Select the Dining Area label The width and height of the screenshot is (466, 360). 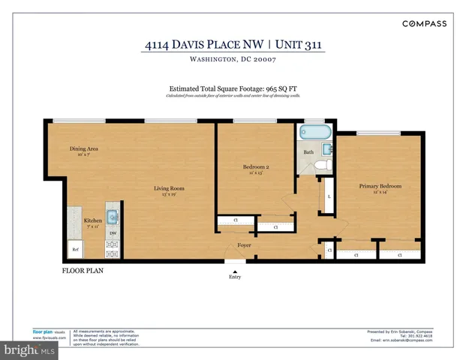tap(84, 149)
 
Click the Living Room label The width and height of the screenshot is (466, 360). tap(170, 188)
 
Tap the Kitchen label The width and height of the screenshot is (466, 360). tap(92, 220)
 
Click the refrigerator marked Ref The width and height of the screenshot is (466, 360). tap(76, 249)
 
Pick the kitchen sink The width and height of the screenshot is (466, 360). tap(112, 218)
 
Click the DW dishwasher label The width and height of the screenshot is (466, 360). tap(112, 233)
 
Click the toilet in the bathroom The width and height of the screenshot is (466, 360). tap(321, 165)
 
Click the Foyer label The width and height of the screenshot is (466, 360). tap(245, 244)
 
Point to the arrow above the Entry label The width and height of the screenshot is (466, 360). tap(235, 262)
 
